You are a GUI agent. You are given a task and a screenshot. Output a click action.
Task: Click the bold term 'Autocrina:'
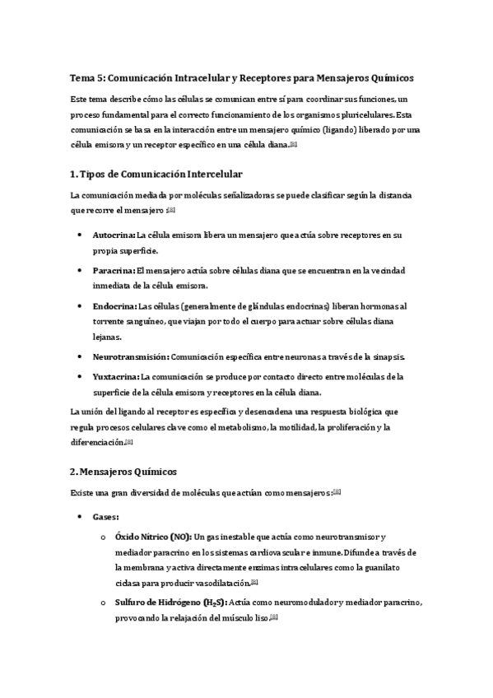114,235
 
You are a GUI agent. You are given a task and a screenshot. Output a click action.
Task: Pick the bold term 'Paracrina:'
114,270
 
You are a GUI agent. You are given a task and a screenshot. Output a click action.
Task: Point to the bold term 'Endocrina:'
115,305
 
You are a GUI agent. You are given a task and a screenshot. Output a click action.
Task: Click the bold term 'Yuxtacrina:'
116,376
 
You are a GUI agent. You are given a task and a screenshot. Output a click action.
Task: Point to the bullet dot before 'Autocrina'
79,235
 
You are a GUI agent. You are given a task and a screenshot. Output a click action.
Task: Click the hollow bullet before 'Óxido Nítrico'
102,537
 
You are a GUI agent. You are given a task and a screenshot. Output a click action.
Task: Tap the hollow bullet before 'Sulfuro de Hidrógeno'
102,603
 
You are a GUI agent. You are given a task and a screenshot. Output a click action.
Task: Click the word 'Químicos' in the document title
389,78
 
